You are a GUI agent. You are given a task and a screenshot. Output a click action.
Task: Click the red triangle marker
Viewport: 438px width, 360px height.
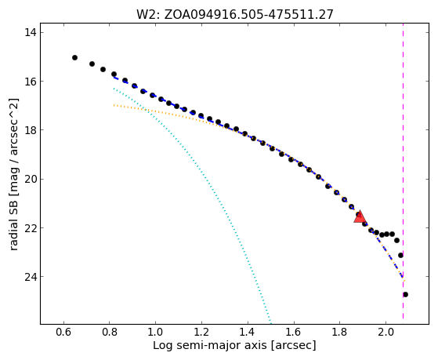point(360,216)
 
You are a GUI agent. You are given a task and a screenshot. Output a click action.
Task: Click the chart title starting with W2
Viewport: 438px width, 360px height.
point(234,14)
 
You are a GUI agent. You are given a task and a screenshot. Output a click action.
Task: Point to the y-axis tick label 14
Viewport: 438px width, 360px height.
point(31,32)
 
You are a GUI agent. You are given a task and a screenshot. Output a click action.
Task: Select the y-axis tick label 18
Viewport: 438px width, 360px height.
point(31,130)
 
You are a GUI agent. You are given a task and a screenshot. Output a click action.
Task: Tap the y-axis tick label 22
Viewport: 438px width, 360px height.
point(31,227)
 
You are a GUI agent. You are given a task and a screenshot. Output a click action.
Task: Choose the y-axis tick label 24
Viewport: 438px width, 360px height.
point(31,277)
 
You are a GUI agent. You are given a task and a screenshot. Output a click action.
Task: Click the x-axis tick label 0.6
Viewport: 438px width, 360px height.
point(63,332)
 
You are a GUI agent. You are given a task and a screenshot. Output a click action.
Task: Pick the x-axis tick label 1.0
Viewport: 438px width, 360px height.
point(155,332)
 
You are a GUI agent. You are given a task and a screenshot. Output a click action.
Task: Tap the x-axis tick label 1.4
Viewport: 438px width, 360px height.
point(248,332)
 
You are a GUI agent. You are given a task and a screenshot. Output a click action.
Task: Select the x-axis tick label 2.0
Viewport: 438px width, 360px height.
point(386,332)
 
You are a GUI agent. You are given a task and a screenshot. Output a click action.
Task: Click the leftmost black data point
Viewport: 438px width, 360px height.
point(74,57)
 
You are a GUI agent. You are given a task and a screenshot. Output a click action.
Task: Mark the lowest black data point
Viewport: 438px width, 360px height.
point(405,295)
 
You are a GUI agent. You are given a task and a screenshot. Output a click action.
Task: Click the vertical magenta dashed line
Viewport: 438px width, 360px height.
point(403,171)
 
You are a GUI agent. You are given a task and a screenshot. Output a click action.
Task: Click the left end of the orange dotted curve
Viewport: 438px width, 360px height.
point(114,105)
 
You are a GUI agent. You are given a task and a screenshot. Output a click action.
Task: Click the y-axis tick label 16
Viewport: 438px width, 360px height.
point(31,81)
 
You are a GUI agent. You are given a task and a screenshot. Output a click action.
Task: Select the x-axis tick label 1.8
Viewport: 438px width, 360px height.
point(339,332)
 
